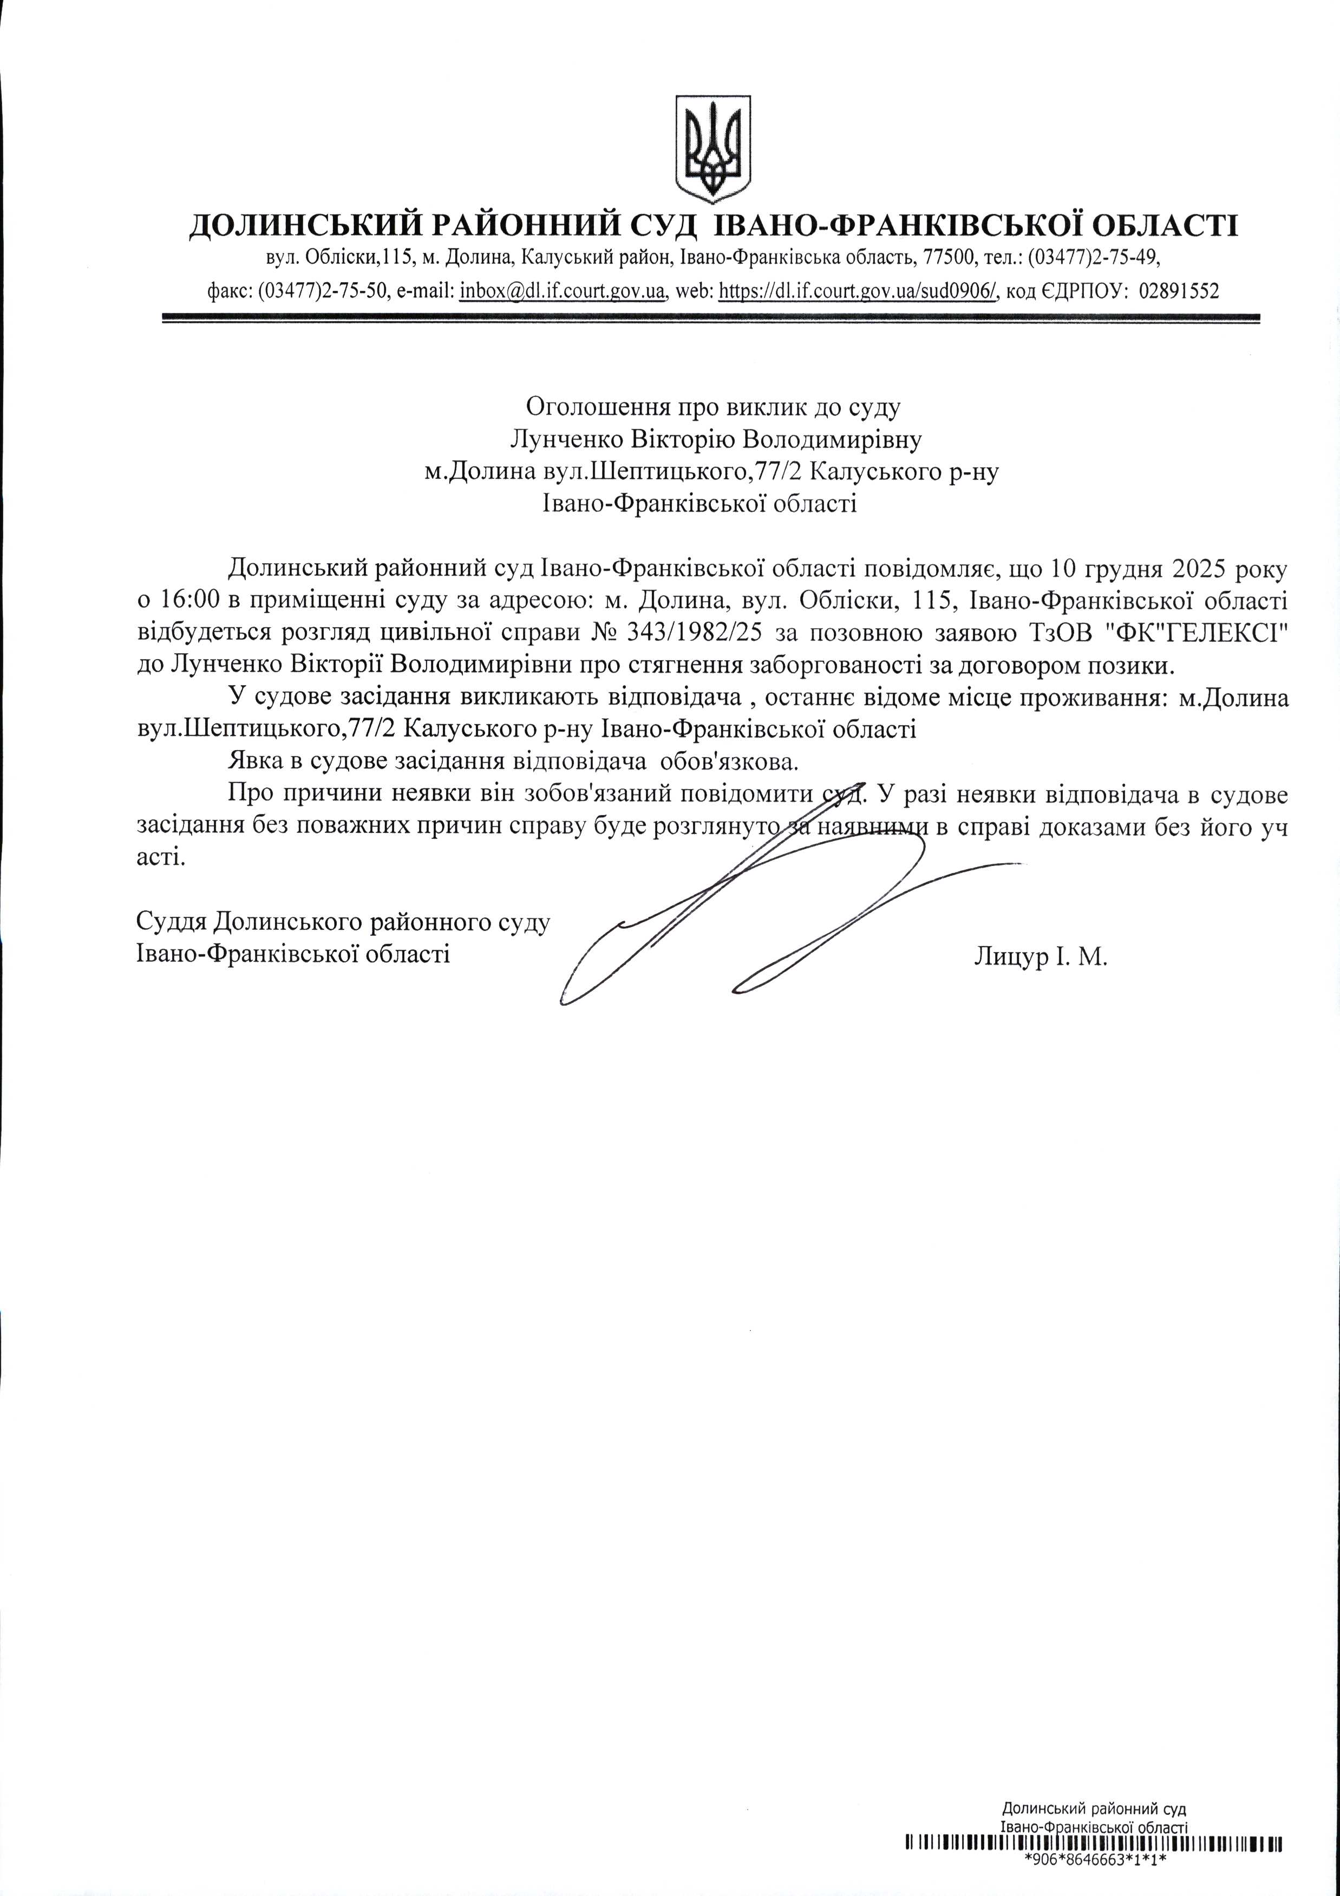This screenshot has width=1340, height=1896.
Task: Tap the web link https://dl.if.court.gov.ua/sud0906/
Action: coord(859,291)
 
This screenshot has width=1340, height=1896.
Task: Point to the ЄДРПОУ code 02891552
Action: coord(1178,291)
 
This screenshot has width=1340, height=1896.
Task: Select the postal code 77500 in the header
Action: coord(945,258)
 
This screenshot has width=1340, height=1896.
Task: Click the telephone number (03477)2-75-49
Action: coord(1094,258)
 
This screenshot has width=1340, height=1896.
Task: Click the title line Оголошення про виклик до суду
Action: coord(714,406)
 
